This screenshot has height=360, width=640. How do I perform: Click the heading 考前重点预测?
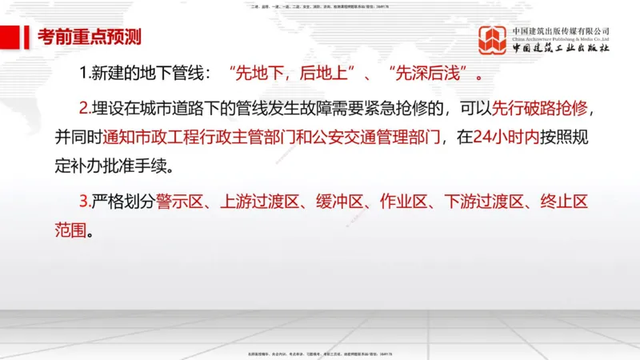coord(90,37)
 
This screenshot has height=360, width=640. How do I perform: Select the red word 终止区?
coord(565,202)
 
